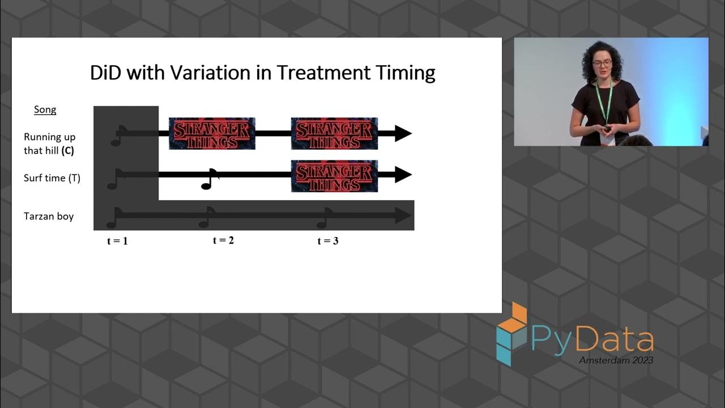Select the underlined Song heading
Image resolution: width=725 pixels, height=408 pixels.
coord(45,109)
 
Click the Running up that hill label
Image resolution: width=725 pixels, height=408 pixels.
coord(49,144)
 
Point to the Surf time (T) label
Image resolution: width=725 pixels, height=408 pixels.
coord(52,178)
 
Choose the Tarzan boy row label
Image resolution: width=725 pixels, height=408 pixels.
coord(49,216)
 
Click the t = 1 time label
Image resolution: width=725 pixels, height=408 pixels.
coord(117,241)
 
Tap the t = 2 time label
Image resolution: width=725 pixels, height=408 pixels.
coord(223,240)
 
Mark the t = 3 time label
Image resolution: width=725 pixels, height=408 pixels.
coord(328,241)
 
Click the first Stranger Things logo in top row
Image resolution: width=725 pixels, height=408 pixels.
coord(212,134)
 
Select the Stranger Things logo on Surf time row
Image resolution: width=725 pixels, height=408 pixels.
coord(334,176)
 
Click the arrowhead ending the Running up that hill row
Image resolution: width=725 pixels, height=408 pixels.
coord(403,134)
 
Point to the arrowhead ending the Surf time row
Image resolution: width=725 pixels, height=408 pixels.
coord(403,175)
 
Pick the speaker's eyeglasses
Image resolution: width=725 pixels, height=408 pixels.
coord(602,63)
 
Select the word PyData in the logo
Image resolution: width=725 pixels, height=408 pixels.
coord(592,339)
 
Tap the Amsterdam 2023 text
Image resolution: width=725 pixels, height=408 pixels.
coord(616,360)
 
